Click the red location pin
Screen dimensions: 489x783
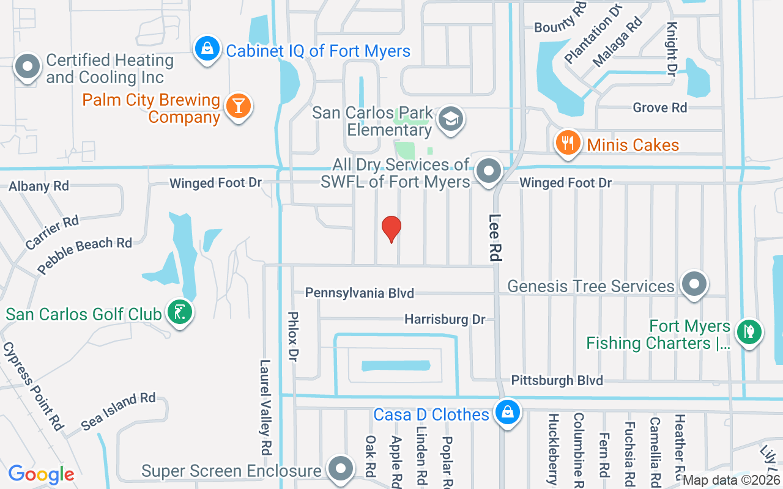pyautogui.click(x=391, y=229)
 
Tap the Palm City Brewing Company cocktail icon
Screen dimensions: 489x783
pyautogui.click(x=238, y=106)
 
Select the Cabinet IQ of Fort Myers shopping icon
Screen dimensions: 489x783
pyautogui.click(x=207, y=48)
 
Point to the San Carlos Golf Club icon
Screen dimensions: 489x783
pyautogui.click(x=180, y=314)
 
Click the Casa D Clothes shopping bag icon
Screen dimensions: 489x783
pyautogui.click(x=507, y=412)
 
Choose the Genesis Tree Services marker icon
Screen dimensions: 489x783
pyautogui.click(x=694, y=284)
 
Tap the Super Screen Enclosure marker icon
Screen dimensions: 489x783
pyautogui.click(x=341, y=469)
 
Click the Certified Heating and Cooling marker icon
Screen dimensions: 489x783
pyautogui.click(x=28, y=67)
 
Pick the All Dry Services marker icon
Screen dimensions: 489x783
pyautogui.click(x=489, y=172)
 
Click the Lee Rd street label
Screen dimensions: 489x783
pyautogui.click(x=495, y=237)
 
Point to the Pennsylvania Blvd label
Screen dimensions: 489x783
pyautogui.click(x=360, y=293)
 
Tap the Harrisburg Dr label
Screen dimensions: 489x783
pyautogui.click(x=445, y=320)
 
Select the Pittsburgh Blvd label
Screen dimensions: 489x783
pyautogui.click(x=557, y=380)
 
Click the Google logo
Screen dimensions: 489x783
pyautogui.click(x=41, y=474)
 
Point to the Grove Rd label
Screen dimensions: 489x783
pyautogui.click(x=660, y=108)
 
